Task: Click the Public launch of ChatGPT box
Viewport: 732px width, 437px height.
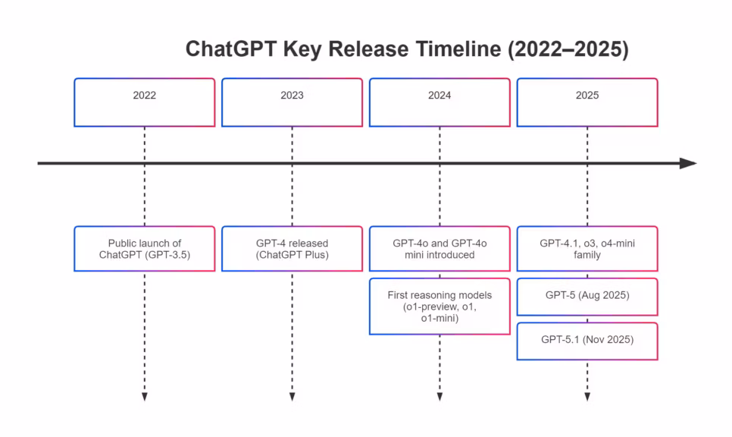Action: click(144, 249)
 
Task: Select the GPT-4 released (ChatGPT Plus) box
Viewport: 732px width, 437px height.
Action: click(292, 249)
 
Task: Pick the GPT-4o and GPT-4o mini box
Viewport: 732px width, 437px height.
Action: click(440, 249)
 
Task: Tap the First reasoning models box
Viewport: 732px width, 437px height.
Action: click(440, 307)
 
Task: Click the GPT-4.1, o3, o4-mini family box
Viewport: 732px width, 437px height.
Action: click(587, 249)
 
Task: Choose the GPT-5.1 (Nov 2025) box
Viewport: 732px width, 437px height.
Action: click(587, 341)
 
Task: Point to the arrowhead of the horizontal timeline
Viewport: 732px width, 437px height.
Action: click(688, 163)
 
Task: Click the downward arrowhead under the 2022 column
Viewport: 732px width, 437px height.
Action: click(144, 397)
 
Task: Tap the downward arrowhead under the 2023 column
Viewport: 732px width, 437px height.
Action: click(292, 397)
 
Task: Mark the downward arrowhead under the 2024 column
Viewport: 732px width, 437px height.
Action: click(440, 397)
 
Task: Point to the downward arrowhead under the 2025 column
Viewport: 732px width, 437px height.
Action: click(587, 397)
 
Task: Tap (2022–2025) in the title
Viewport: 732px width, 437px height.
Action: click(565, 49)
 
